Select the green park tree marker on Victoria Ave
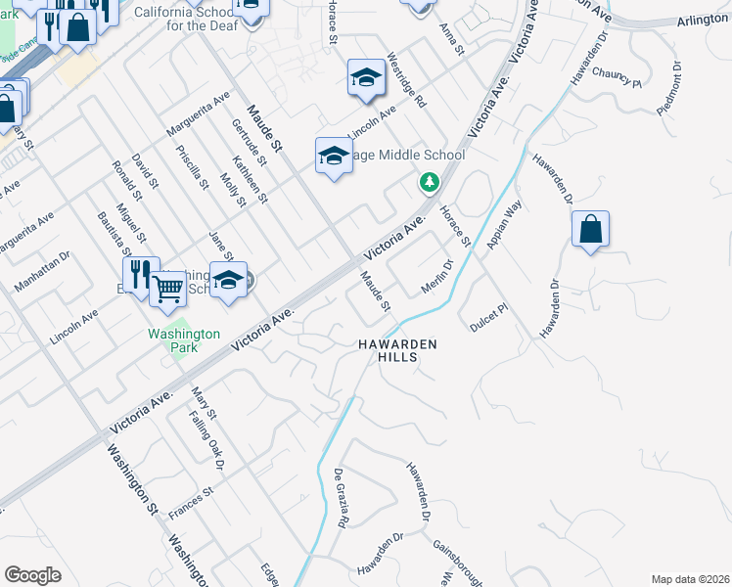[x=429, y=182]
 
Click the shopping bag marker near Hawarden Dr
[x=591, y=231]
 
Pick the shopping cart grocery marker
[x=168, y=289]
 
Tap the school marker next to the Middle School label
[x=334, y=156]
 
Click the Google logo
[x=32, y=574]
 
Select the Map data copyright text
[x=689, y=579]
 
